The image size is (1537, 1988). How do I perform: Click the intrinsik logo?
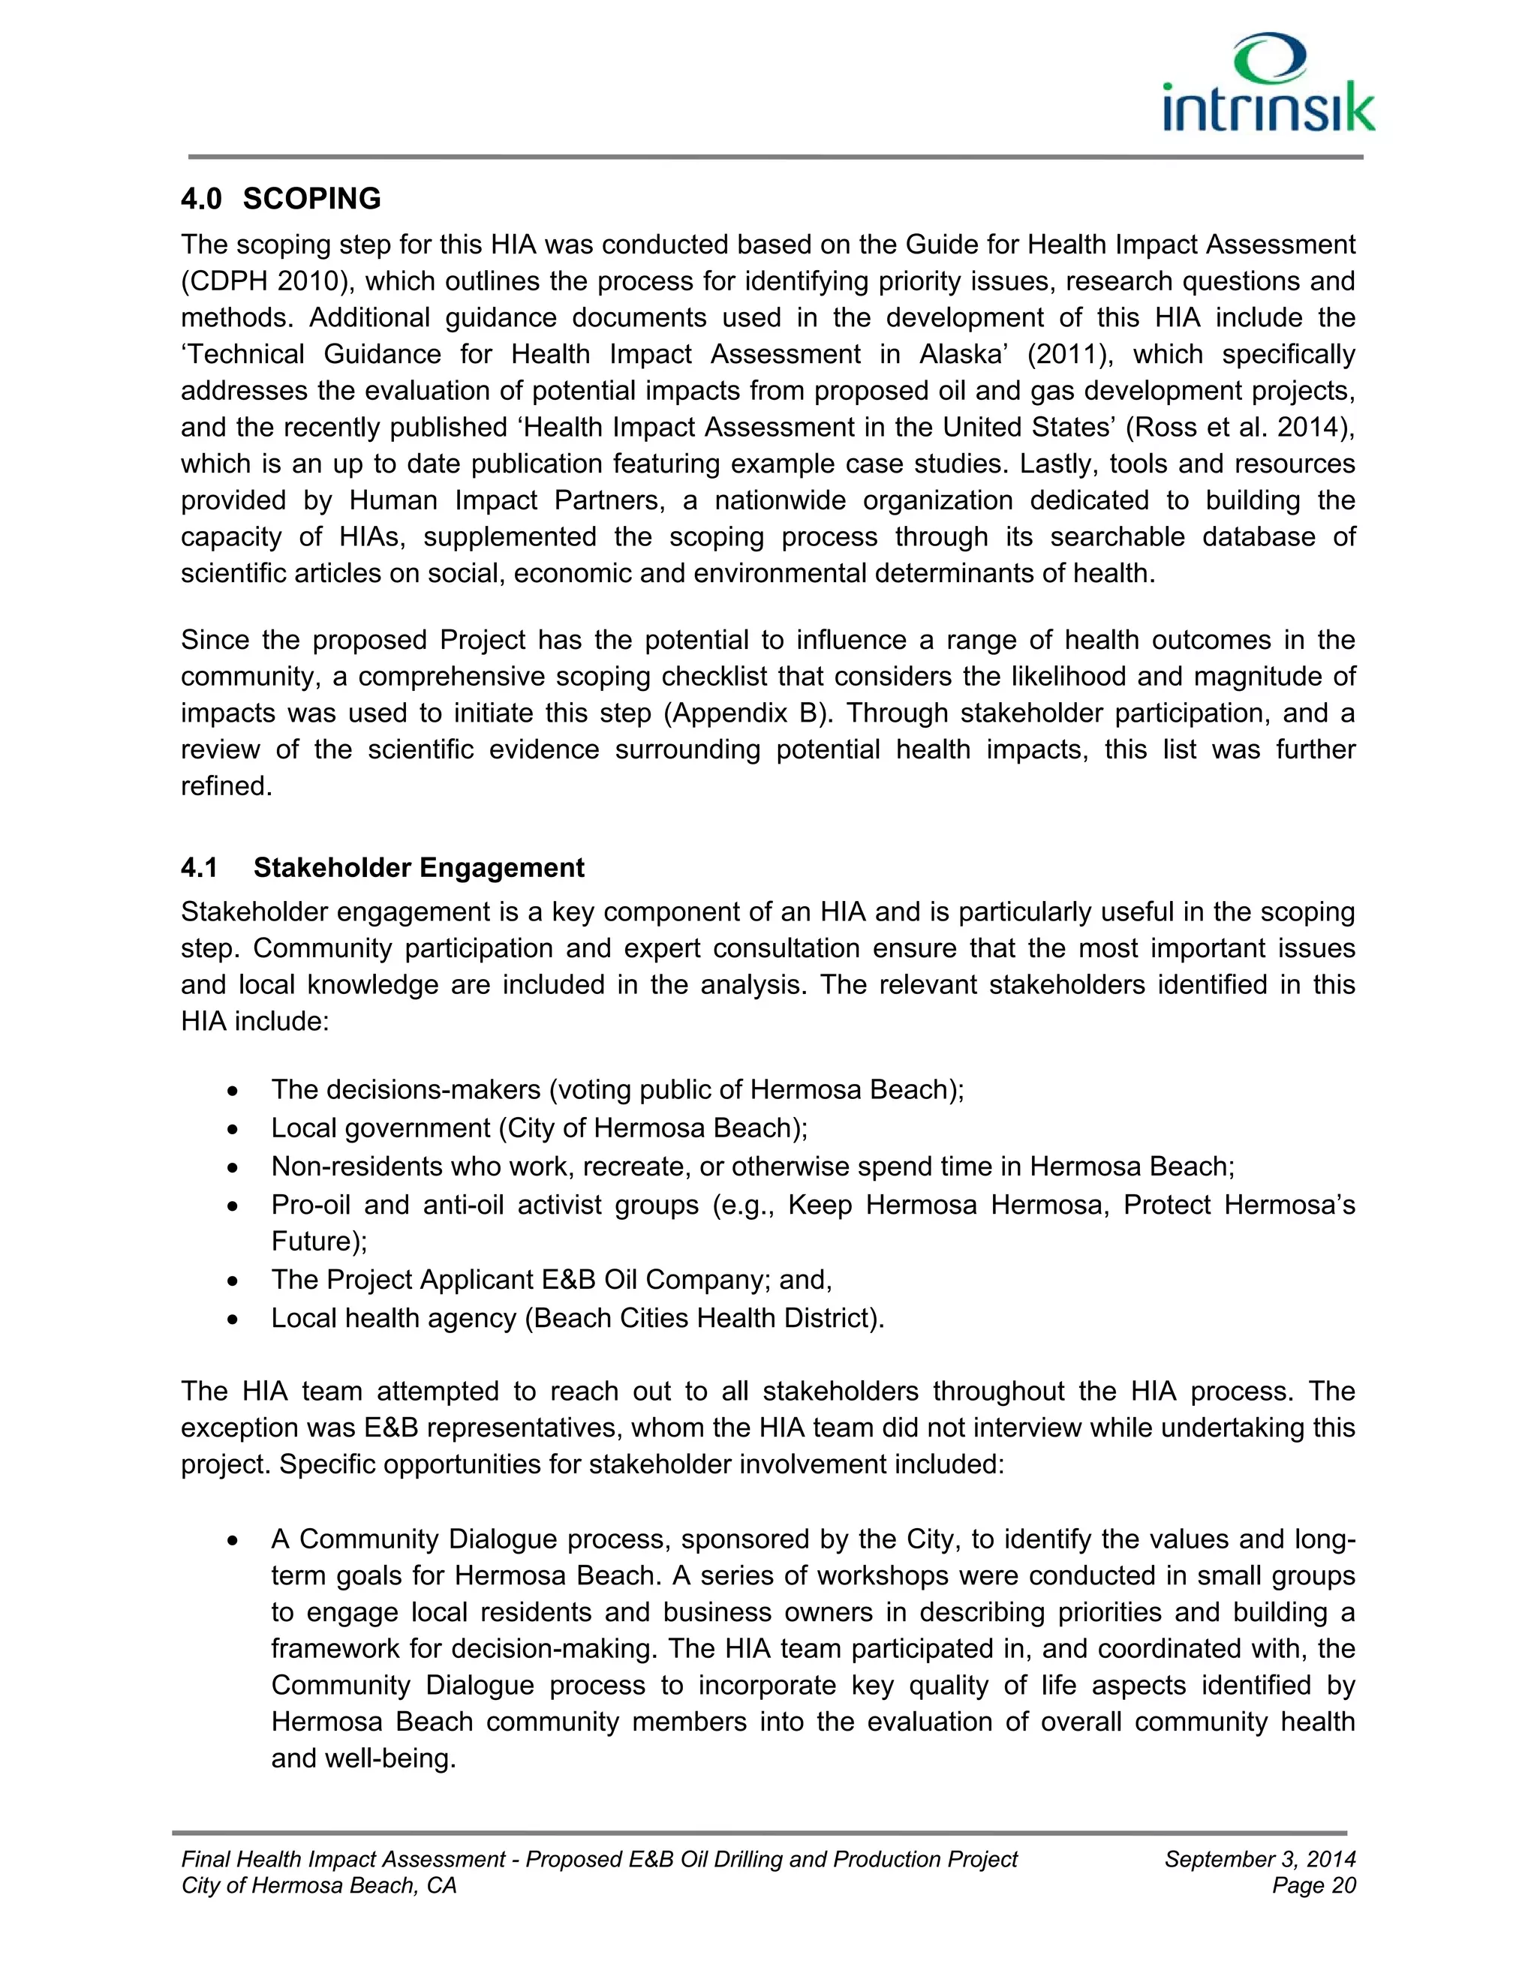click(x=1268, y=84)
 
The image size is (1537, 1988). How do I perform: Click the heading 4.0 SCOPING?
click(x=281, y=199)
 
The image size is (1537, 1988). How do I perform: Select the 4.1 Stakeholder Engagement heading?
click(x=383, y=867)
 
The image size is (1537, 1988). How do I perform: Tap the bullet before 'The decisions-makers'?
click(x=234, y=1092)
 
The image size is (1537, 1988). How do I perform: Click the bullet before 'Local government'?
click(x=234, y=1130)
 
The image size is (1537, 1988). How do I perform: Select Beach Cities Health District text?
click(x=704, y=1317)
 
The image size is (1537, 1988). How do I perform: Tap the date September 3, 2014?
click(x=1259, y=1859)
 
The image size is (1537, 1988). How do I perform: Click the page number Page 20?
click(x=1314, y=1885)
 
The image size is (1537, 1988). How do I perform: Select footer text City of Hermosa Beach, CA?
click(x=319, y=1885)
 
